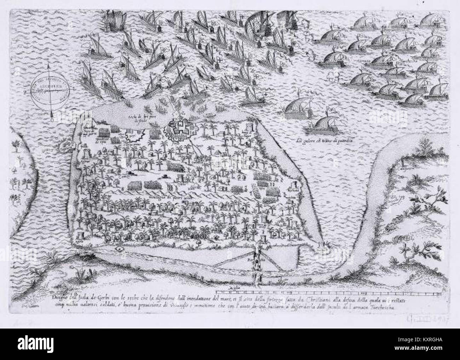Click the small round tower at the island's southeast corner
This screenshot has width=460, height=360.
(321, 245)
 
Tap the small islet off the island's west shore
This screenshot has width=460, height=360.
(64, 146)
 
